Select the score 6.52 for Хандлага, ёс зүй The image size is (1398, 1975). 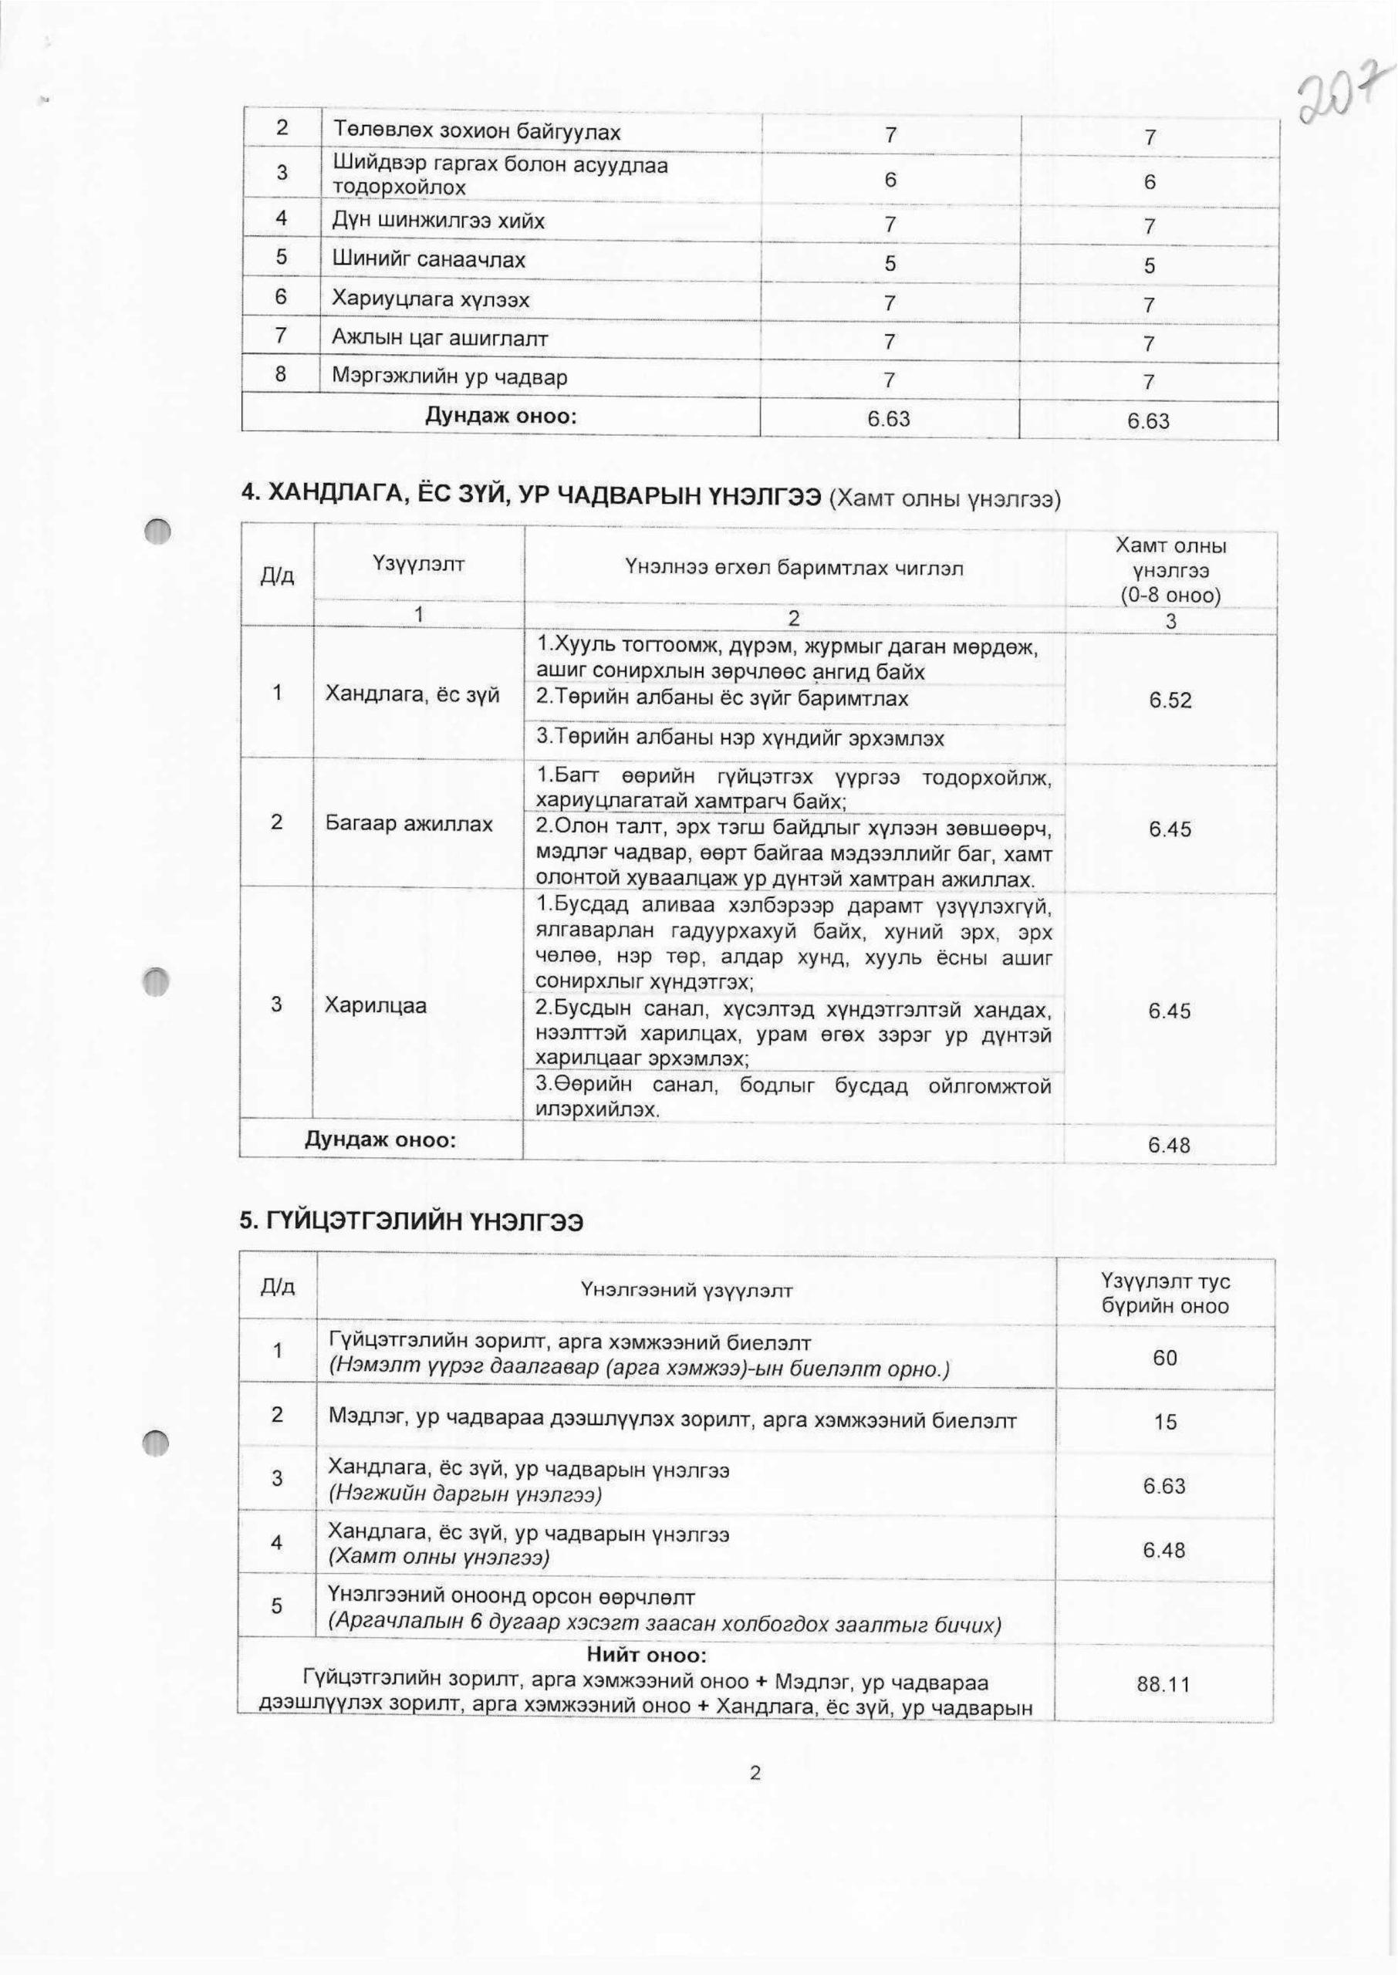click(1170, 701)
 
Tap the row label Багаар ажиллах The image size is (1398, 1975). click(409, 824)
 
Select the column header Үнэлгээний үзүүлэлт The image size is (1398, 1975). click(686, 1291)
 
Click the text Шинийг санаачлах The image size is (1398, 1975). click(429, 260)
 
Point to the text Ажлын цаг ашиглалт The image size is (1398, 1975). click(440, 338)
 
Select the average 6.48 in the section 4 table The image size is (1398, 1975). click(1169, 1145)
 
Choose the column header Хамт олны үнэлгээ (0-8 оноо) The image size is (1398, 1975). click(1170, 569)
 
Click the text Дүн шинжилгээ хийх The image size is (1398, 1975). click(438, 221)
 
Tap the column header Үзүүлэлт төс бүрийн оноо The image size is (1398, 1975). click(1166, 1294)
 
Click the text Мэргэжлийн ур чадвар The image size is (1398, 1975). click(449, 377)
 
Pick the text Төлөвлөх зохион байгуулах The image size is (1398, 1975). click(476, 132)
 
